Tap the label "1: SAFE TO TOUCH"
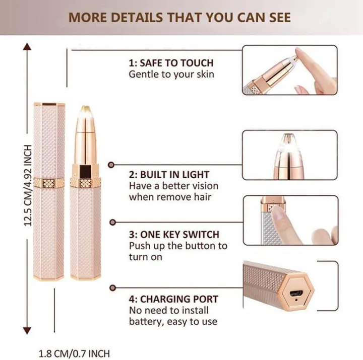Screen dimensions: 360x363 (171, 63)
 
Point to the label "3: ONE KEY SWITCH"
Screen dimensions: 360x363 (174, 235)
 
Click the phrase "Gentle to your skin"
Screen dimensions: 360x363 (171, 75)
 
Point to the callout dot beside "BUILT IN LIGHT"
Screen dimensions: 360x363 (112, 164)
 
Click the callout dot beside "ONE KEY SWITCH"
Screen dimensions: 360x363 (112, 222)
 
